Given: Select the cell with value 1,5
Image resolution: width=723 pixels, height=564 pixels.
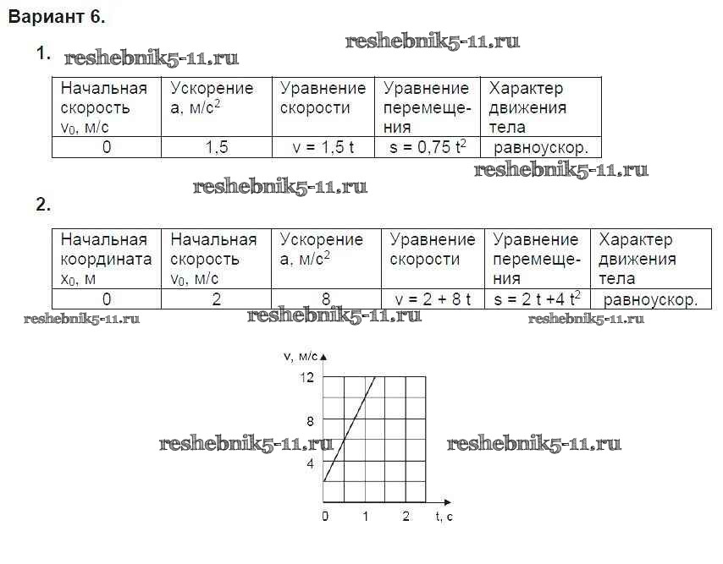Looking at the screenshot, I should coord(216,147).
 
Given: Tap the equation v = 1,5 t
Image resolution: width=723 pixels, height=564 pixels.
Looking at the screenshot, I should coord(323,147).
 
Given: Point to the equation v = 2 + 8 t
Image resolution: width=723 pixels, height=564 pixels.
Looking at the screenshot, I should coord(433,299).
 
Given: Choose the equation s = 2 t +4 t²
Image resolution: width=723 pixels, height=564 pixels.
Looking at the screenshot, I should coord(538,299).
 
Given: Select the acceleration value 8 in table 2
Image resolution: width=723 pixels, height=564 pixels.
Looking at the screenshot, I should coord(325,299).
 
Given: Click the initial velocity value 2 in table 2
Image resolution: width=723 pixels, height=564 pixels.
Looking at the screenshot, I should coord(216,299).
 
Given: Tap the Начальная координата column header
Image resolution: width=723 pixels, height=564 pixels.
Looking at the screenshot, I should coord(105,249).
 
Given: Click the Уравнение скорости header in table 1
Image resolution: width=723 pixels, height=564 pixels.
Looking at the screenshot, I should coord(323,98).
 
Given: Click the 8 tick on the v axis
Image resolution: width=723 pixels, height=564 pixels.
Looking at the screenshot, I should coord(310,421).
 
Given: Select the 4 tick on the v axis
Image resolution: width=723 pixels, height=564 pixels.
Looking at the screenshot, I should coord(310,464).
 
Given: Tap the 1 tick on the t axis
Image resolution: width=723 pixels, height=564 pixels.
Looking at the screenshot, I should coord(366,517).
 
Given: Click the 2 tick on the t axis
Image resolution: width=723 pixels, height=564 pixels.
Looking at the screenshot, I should coord(406,517).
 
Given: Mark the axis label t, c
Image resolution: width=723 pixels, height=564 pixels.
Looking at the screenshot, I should coord(444,517).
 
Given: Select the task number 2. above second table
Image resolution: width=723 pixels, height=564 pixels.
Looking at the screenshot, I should coord(43,205).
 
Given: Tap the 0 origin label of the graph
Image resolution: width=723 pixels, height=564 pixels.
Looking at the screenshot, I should coord(325,517).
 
